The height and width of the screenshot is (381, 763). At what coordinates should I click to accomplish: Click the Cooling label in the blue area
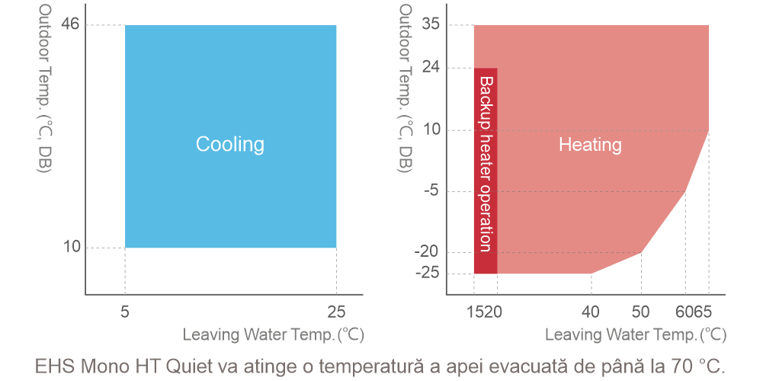[x=229, y=144]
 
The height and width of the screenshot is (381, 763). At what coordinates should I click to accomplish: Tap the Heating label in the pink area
[x=590, y=144]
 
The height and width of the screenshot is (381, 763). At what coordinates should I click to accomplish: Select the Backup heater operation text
[x=486, y=163]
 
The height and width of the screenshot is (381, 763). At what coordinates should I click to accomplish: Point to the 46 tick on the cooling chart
[x=71, y=25]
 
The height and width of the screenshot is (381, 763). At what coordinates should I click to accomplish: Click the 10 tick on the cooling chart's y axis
[x=71, y=247]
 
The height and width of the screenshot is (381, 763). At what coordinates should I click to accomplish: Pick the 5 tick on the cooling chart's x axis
[x=125, y=311]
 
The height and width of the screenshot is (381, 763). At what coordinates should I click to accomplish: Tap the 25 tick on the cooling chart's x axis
[x=336, y=311]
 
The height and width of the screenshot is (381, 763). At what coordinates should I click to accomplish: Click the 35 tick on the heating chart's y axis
[x=431, y=25]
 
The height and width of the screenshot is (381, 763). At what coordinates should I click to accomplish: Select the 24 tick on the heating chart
[x=431, y=68]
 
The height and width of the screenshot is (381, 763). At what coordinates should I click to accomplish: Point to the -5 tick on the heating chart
[x=430, y=190]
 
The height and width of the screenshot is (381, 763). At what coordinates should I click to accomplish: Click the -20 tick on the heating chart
[x=427, y=252]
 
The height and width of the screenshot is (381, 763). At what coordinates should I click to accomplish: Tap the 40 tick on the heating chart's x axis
[x=591, y=311]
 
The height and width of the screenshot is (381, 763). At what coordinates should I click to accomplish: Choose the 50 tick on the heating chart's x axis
[x=641, y=311]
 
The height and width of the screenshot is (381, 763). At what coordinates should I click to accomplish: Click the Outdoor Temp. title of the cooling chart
[x=45, y=88]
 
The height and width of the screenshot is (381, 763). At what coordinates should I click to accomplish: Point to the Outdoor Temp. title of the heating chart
[x=406, y=88]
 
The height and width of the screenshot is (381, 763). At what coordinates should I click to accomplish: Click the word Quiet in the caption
[x=180, y=364]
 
